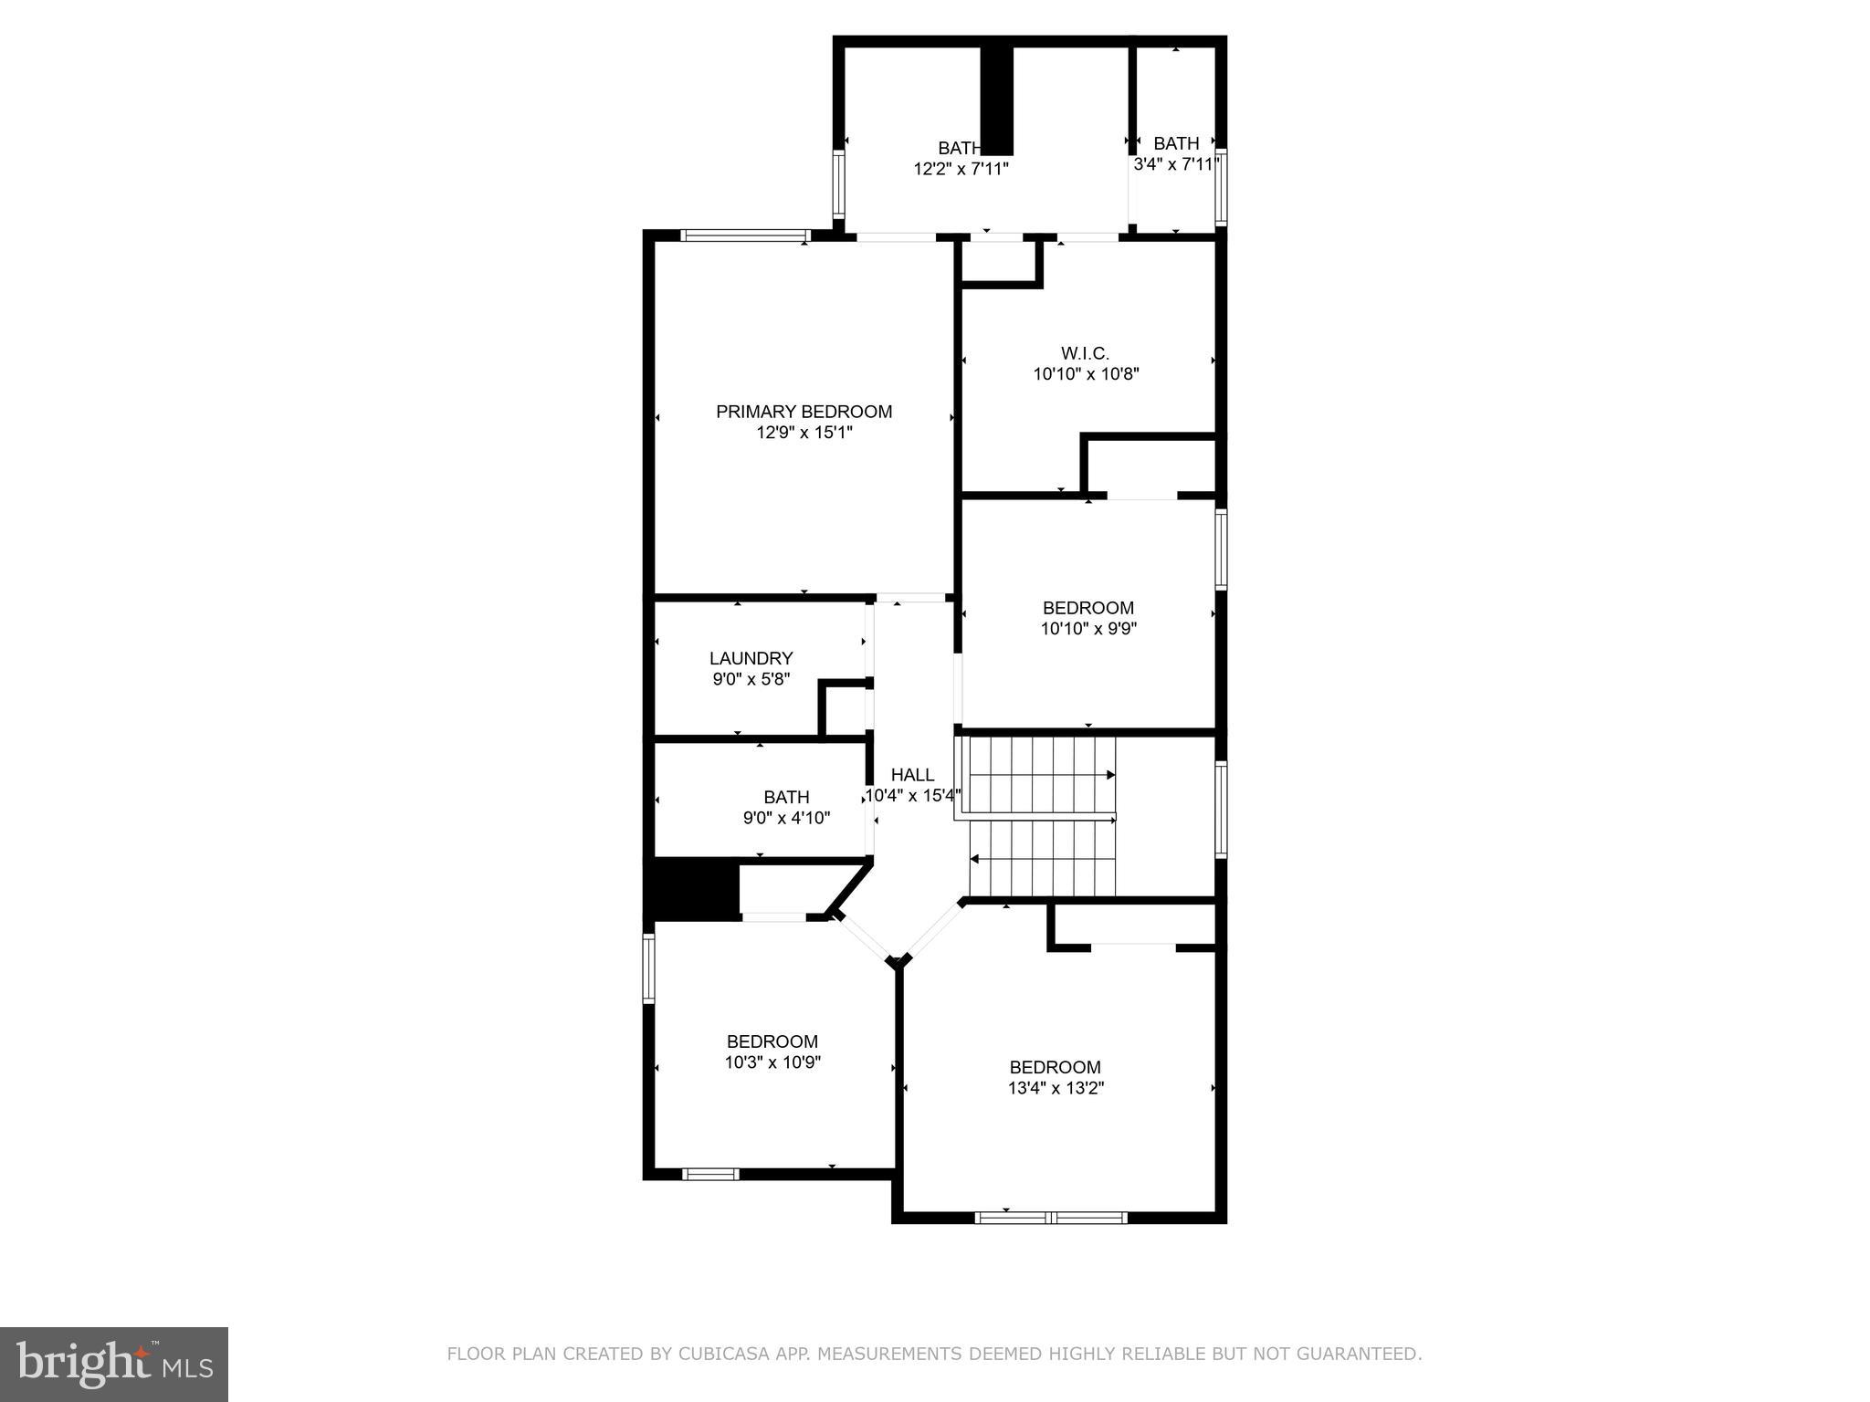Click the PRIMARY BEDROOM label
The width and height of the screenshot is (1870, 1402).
[x=804, y=412]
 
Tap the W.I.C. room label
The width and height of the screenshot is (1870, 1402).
[x=1086, y=353]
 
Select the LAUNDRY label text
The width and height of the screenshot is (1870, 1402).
[x=751, y=658]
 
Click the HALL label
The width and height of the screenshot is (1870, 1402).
[x=912, y=775]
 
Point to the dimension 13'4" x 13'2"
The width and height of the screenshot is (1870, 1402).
[x=1056, y=1088]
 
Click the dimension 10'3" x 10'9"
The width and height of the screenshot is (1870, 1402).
[x=772, y=1062]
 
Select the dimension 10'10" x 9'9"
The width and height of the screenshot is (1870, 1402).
[x=1088, y=629]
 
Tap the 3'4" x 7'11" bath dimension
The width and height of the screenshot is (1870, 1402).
[x=1175, y=164]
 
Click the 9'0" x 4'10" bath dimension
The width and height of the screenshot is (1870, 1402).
[x=786, y=818]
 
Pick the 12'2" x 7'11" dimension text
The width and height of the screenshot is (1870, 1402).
[x=961, y=169]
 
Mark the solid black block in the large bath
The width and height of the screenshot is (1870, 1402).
[x=997, y=100]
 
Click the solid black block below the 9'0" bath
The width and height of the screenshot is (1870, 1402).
[x=691, y=888]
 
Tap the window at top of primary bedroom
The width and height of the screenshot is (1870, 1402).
[x=746, y=235]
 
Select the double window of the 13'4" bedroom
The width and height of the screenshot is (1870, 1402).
[x=1051, y=1217]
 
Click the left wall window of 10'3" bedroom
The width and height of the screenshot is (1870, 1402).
[x=648, y=968]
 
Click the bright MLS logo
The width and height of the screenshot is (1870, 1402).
[x=114, y=1364]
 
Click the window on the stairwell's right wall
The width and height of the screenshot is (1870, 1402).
[x=1221, y=809]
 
